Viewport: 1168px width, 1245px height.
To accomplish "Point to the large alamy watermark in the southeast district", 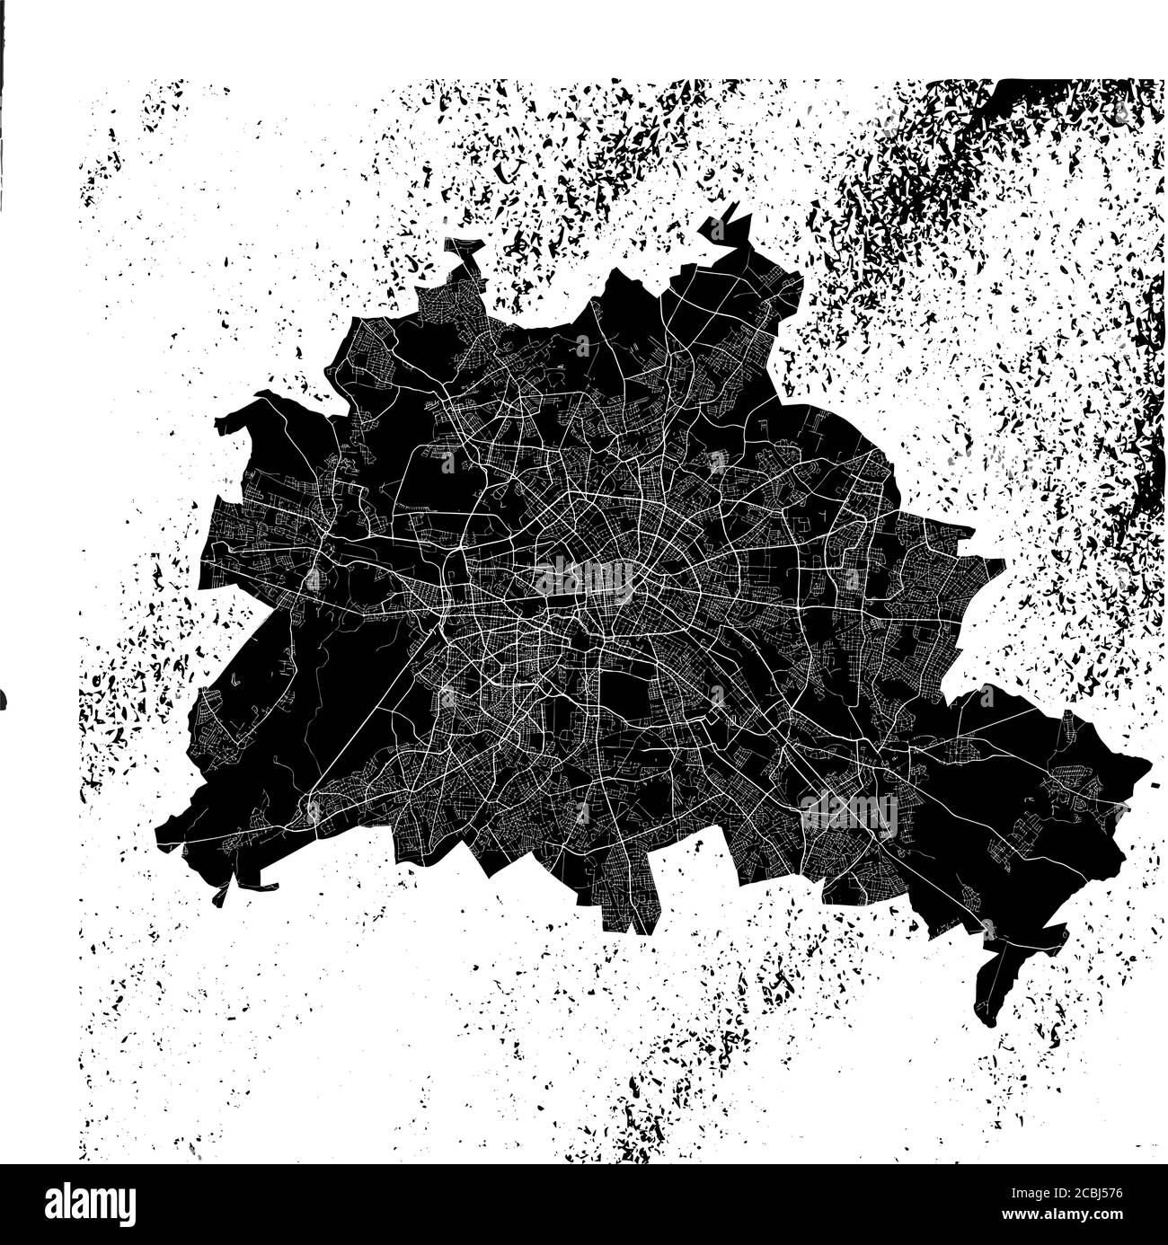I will pyautogui.click(x=848, y=814).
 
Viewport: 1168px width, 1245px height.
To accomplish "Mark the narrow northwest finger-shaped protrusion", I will pyautogui.click(x=465, y=256).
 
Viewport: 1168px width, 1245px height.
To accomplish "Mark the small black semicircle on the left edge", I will pyautogui.click(x=3, y=697).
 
